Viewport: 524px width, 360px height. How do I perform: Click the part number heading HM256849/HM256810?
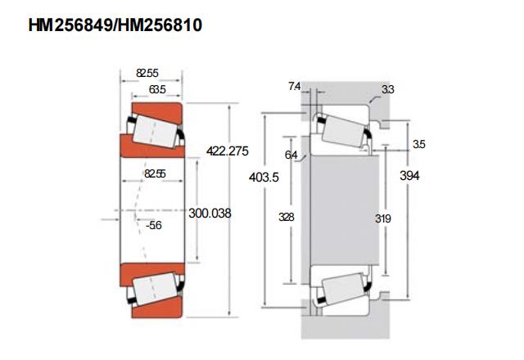pyautogui.click(x=115, y=25)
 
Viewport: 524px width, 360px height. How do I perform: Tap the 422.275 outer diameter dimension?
pyautogui.click(x=228, y=151)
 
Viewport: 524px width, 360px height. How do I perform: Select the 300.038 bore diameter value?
pyautogui.click(x=210, y=213)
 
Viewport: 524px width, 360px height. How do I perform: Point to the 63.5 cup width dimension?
pyautogui.click(x=157, y=89)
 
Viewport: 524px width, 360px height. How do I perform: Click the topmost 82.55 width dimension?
pyautogui.click(x=147, y=73)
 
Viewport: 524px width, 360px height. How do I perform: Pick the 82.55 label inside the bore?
pyautogui.click(x=155, y=173)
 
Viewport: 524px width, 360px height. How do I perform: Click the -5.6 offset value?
pyautogui.click(x=154, y=225)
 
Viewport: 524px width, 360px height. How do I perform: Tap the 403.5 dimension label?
pyautogui.click(x=264, y=177)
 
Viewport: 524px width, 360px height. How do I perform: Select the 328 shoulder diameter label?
pyautogui.click(x=287, y=217)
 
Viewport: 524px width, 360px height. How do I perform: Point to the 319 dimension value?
pyautogui.click(x=382, y=218)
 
